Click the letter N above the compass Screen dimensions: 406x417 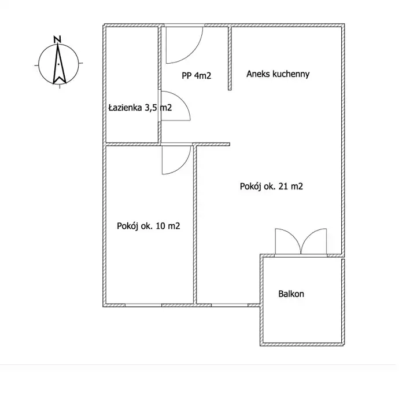click(57, 39)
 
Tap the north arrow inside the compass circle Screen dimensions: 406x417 click(59, 64)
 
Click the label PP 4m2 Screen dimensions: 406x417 click(197, 76)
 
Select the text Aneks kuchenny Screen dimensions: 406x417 click(278, 74)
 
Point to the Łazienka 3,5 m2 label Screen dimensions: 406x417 click(140, 108)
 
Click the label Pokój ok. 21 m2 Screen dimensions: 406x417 click(271, 186)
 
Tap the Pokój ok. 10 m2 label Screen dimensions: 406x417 click(149, 226)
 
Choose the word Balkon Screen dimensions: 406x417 click(291, 294)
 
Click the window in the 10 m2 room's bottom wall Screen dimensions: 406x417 click(143, 305)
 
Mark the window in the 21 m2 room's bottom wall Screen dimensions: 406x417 click(230, 305)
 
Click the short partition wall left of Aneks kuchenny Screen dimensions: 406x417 click(230, 58)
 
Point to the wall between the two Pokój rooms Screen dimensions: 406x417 click(195, 225)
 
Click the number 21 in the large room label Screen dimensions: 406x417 click(283, 186)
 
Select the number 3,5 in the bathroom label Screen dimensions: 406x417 click(151, 108)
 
